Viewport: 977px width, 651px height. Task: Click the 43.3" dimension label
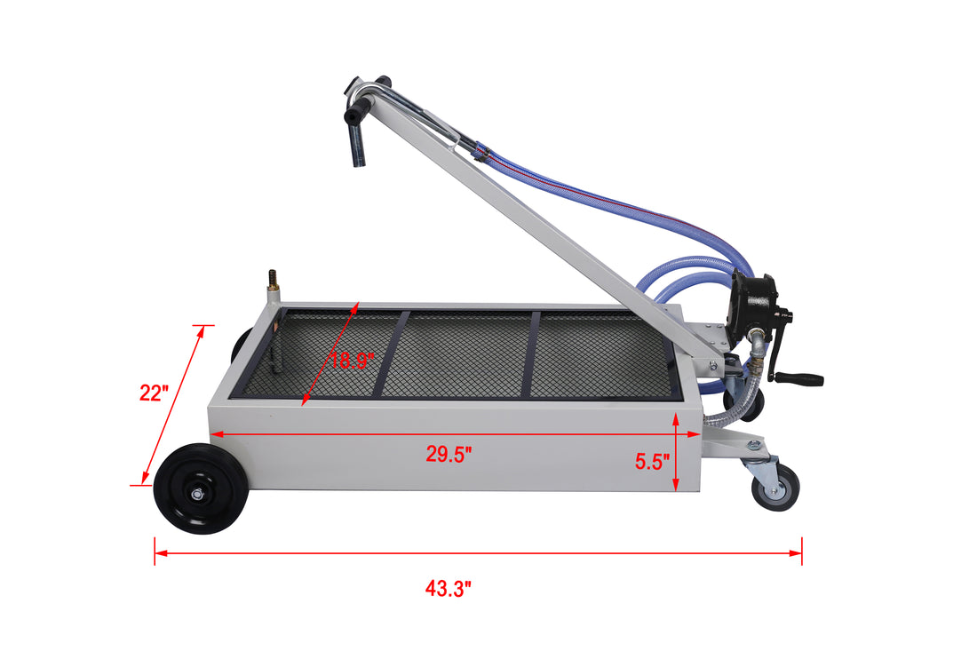(x=448, y=588)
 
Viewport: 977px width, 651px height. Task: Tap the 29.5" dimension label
(x=449, y=455)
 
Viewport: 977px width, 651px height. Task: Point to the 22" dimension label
(x=154, y=393)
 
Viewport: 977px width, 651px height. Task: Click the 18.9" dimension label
(x=353, y=361)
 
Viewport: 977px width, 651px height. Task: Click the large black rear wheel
(x=201, y=488)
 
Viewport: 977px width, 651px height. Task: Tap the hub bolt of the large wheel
(x=201, y=489)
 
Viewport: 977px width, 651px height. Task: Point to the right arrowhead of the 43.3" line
(x=797, y=552)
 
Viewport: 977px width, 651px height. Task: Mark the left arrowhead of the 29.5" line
(x=214, y=434)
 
